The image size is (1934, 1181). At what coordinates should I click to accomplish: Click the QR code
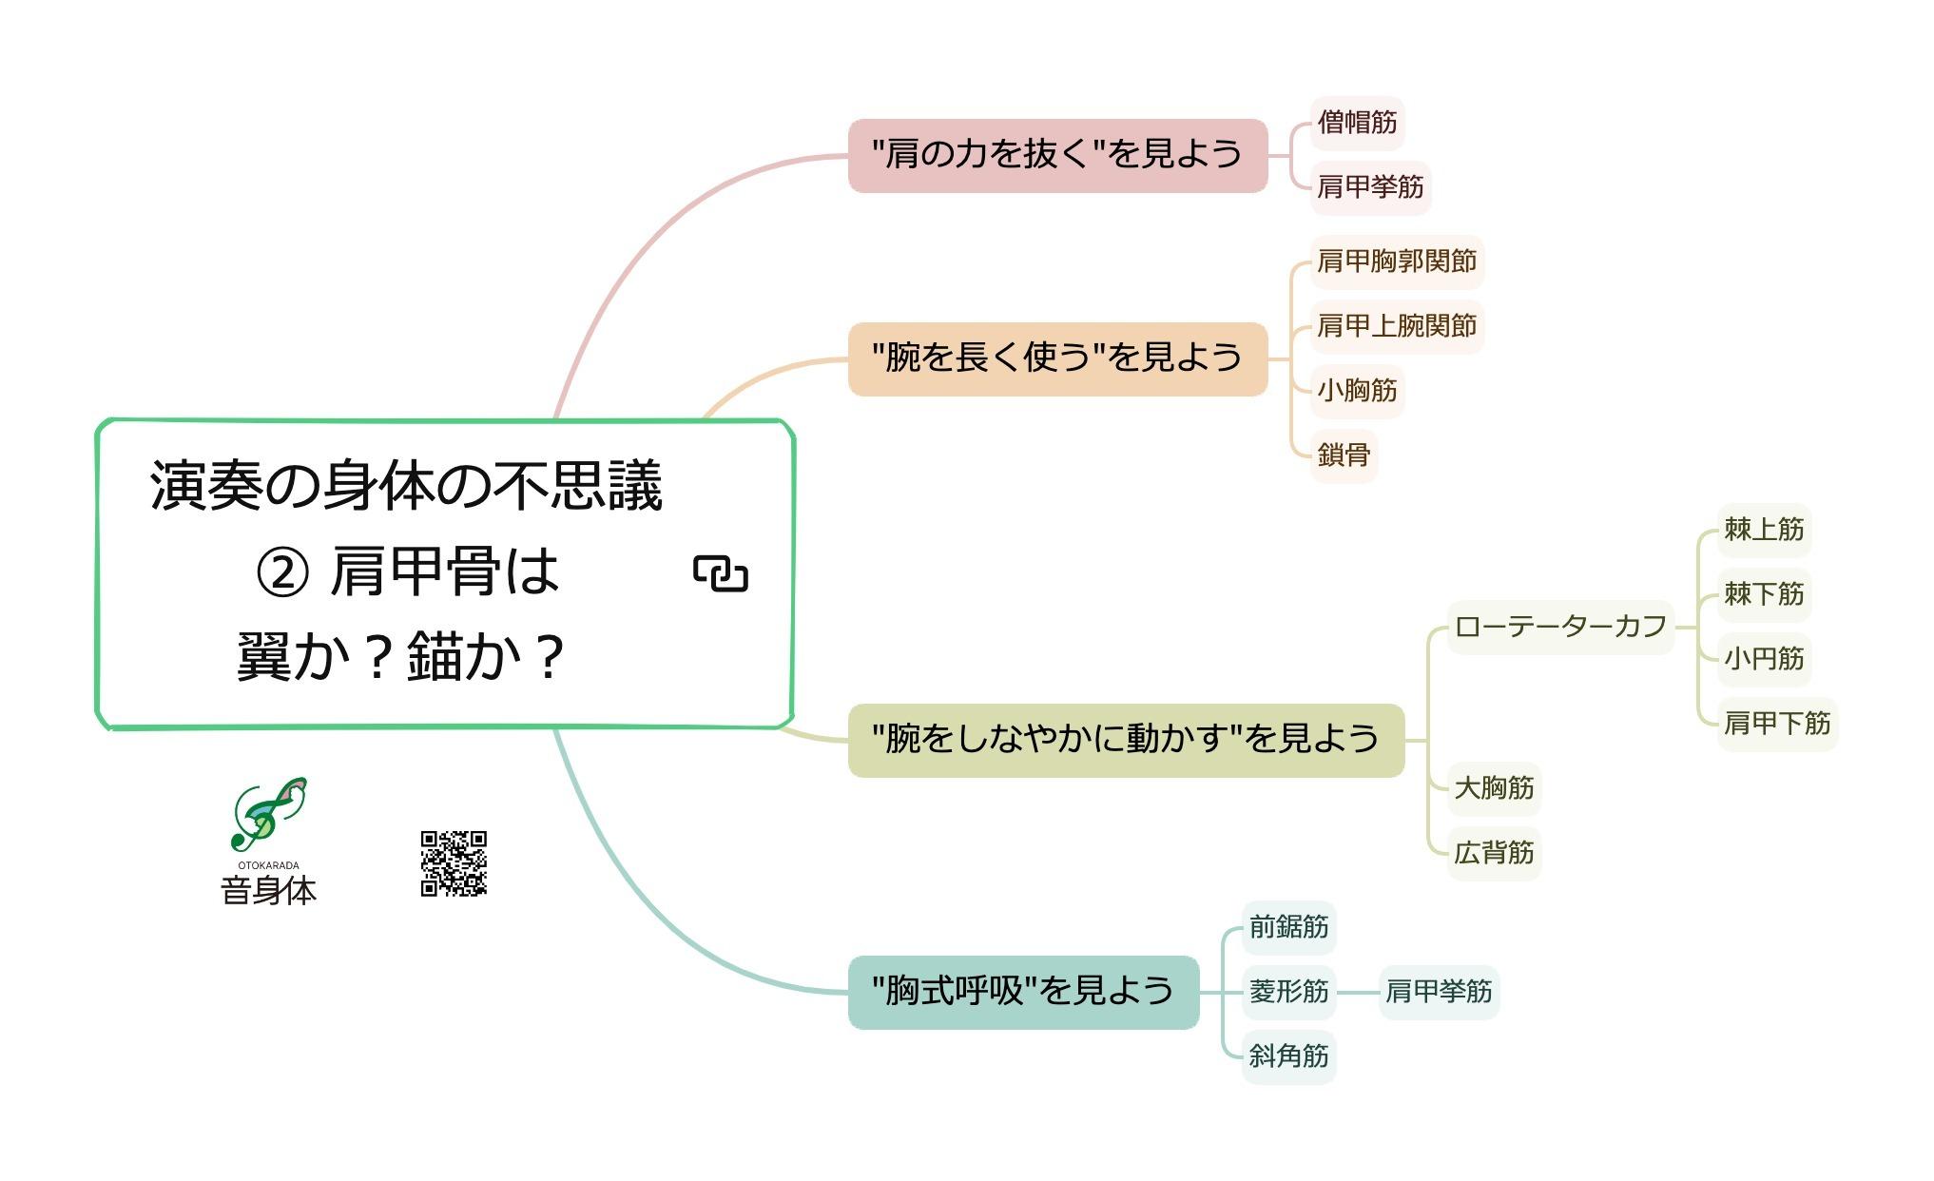(x=454, y=863)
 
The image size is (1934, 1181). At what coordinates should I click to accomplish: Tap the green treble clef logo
(x=269, y=813)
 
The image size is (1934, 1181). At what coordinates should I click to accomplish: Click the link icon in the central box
(x=721, y=573)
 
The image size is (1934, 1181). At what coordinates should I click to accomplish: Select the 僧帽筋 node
(x=1357, y=123)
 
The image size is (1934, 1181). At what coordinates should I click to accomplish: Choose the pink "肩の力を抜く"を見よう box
(x=1057, y=155)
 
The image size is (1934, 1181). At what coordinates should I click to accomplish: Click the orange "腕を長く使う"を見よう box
(x=1057, y=358)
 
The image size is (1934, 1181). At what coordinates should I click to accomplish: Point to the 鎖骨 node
(x=1344, y=455)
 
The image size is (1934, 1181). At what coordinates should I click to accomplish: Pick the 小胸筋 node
(x=1357, y=391)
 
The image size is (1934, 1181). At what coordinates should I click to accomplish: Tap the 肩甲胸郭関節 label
(x=1397, y=261)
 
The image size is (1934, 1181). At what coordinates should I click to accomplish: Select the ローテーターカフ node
(x=1560, y=627)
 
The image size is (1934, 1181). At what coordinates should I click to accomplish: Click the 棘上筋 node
(x=1764, y=530)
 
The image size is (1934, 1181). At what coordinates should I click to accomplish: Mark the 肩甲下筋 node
(x=1777, y=724)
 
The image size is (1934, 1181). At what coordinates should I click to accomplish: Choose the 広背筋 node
(x=1494, y=853)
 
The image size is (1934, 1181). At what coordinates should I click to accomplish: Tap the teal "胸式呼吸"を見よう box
(x=1023, y=992)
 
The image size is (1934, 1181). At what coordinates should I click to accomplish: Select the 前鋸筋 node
(x=1288, y=927)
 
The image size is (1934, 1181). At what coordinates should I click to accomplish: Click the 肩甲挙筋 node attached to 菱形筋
(x=1439, y=992)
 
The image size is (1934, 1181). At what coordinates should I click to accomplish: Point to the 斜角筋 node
(x=1288, y=1056)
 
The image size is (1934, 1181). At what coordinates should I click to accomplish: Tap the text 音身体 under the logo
(x=268, y=891)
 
